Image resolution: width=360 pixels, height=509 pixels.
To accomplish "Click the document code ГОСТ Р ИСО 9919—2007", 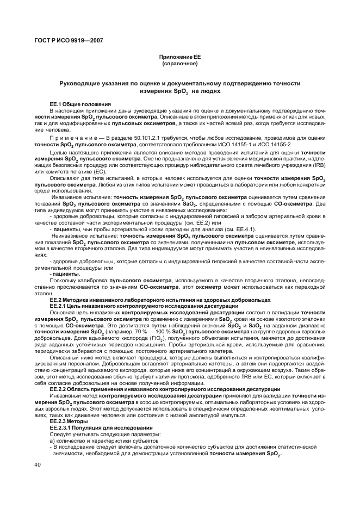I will point(67,40).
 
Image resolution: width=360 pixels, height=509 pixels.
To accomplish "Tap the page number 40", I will point(37,464).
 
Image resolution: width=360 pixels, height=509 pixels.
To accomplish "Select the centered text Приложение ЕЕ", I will point(179,57).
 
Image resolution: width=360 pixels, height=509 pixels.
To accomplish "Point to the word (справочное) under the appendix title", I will point(179,64).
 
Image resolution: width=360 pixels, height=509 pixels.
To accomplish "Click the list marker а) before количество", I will point(52,439).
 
